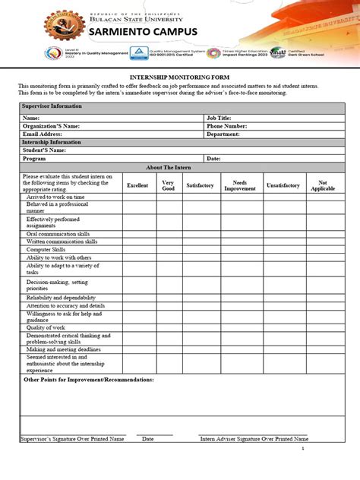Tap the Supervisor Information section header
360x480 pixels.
tap(52, 106)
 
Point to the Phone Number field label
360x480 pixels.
tap(226, 126)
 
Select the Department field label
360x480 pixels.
tap(223, 134)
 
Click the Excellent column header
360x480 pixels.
tap(137, 185)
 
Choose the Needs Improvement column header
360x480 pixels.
tap(239, 185)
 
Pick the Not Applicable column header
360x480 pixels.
tap(322, 185)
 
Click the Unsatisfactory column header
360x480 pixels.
tap(283, 185)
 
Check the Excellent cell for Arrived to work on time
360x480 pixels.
tap(137, 197)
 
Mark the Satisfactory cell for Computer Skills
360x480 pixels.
tap(200, 249)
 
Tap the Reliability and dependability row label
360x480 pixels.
tap(61, 298)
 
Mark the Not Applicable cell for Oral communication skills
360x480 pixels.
tap(322, 234)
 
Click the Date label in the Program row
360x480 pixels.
tap(213, 159)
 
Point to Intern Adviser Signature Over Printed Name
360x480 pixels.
tap(254, 439)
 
